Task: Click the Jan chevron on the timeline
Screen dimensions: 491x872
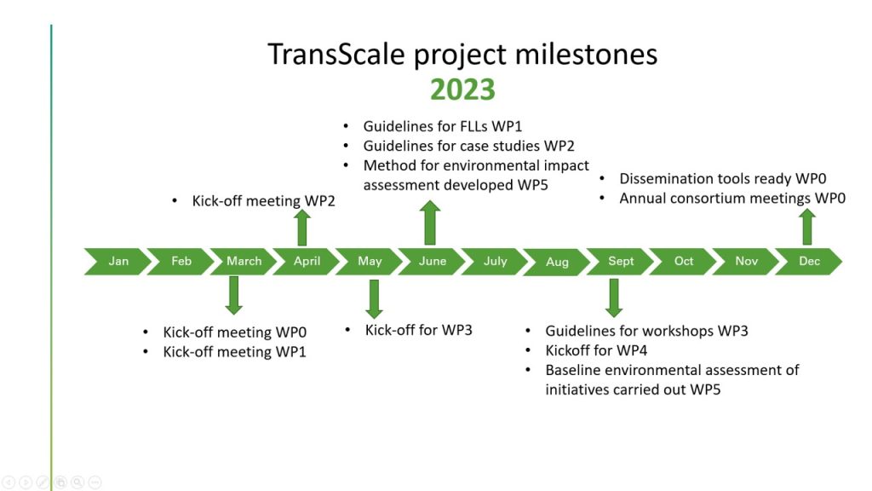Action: pyautogui.click(x=118, y=261)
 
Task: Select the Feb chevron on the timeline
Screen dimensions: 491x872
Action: pyautogui.click(x=181, y=261)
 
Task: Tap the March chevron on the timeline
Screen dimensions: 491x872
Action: pyautogui.click(x=244, y=261)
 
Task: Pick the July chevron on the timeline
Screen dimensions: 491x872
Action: pyautogui.click(x=495, y=261)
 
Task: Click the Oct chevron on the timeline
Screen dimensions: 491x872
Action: pyautogui.click(x=684, y=261)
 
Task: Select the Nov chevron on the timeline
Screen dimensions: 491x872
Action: pyautogui.click(x=746, y=261)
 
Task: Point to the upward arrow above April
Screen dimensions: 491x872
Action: pyautogui.click(x=302, y=228)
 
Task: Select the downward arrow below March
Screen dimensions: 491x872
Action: pyautogui.click(x=234, y=295)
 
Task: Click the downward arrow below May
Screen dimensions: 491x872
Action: pyautogui.click(x=373, y=298)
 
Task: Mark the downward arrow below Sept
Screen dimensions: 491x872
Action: pyautogui.click(x=614, y=297)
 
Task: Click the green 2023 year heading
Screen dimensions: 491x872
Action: pyautogui.click(x=462, y=90)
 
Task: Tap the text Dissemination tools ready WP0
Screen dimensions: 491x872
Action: pyautogui.click(x=722, y=179)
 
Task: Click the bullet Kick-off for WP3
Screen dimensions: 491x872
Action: pyautogui.click(x=418, y=330)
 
